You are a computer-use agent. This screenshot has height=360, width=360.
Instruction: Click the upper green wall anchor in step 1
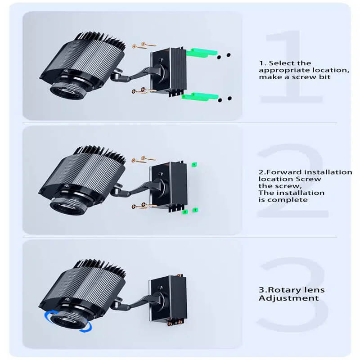pyautogui.click(x=201, y=53)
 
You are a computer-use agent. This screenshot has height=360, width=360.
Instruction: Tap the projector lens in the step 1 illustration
pyautogui.click(x=68, y=90)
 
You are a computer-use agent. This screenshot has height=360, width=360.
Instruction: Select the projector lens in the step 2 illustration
pyautogui.click(x=68, y=206)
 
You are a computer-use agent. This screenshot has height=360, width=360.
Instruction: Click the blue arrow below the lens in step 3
pyautogui.click(x=86, y=328)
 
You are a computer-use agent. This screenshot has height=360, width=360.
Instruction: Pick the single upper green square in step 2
pyautogui.click(x=194, y=164)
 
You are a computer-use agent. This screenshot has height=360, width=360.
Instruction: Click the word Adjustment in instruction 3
pyautogui.click(x=289, y=298)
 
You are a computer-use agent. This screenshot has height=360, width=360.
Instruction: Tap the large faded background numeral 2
pyautogui.click(x=293, y=181)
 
